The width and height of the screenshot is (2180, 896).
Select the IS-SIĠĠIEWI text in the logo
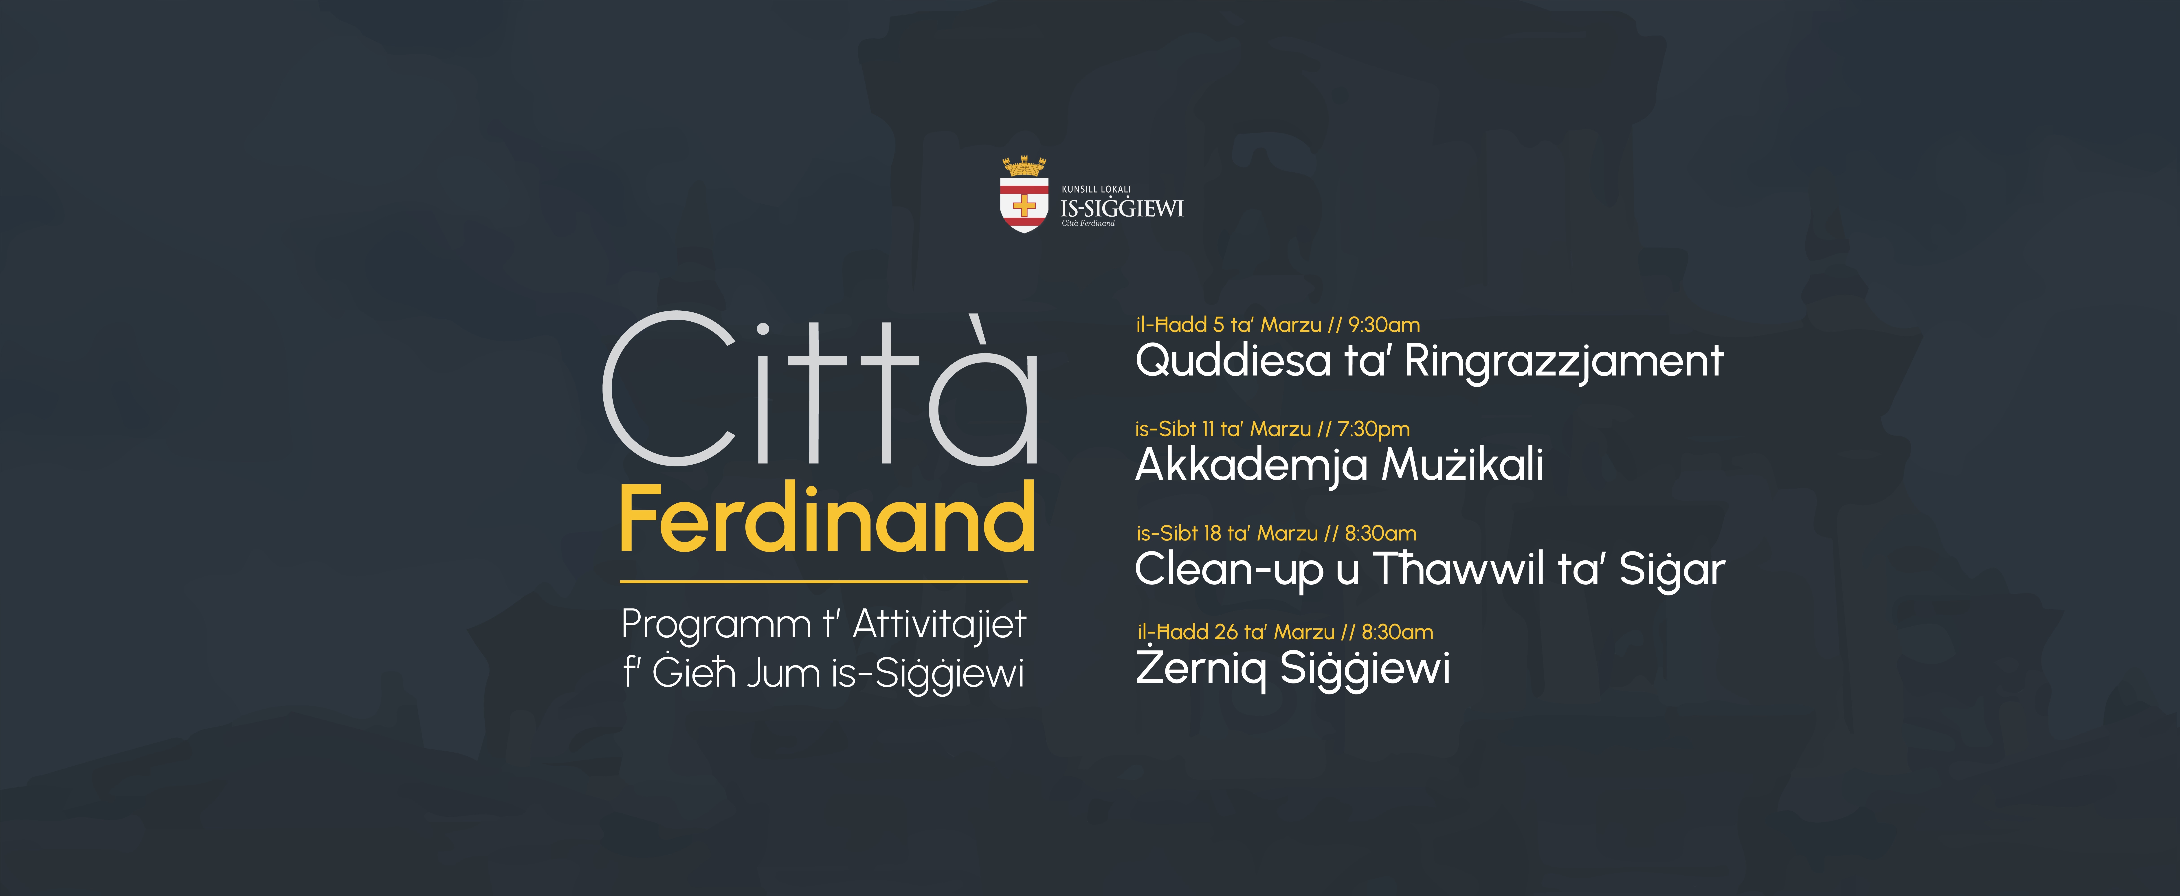point(1122,208)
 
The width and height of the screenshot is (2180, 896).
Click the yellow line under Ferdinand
point(823,581)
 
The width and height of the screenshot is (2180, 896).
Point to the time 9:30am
point(1384,325)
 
